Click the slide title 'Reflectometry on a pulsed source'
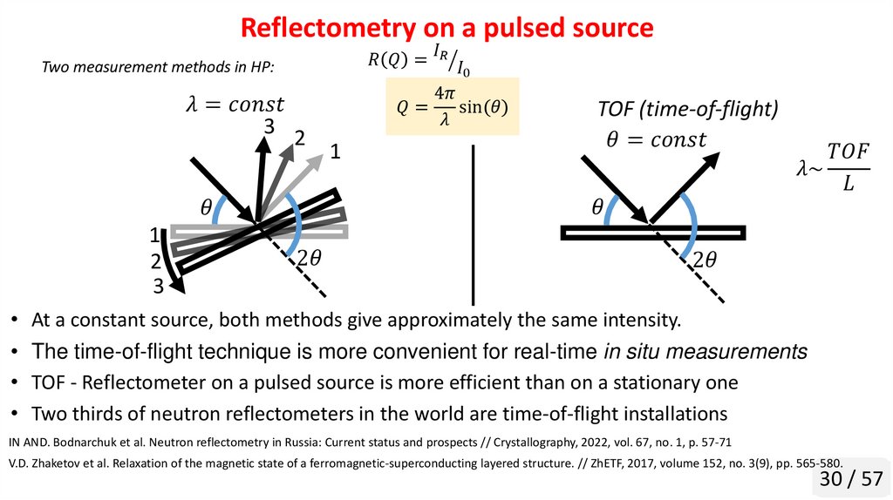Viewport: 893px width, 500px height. click(x=446, y=28)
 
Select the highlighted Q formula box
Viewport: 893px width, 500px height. click(x=453, y=107)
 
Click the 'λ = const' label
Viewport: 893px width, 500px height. click(x=235, y=105)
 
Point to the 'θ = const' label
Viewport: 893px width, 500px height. click(x=656, y=139)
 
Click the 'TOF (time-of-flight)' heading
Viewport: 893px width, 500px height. click(x=687, y=110)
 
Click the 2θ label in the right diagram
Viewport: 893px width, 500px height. click(x=705, y=260)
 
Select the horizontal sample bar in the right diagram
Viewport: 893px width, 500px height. click(x=652, y=232)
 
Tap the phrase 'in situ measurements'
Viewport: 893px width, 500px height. click(x=705, y=352)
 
